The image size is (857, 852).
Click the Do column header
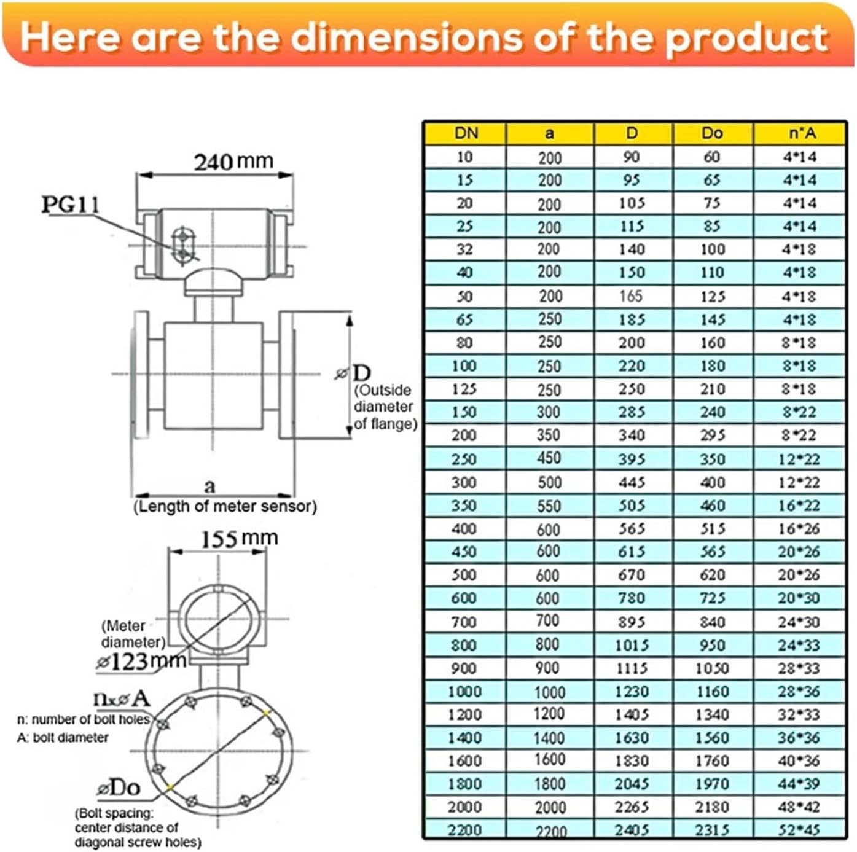click(x=712, y=133)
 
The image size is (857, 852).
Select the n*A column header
click(x=799, y=133)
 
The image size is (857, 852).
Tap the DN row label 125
click(x=464, y=389)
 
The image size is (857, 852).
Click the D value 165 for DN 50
click(x=631, y=296)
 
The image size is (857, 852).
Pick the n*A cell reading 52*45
click(x=799, y=830)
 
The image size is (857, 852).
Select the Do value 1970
click(x=712, y=784)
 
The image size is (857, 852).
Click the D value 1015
click(x=632, y=645)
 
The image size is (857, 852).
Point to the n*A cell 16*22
click(x=799, y=506)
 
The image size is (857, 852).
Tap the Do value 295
click(x=712, y=436)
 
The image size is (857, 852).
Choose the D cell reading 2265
click(x=632, y=807)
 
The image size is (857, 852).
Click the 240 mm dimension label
click(x=233, y=162)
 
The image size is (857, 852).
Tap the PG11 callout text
click(x=70, y=205)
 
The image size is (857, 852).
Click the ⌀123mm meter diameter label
click(x=141, y=662)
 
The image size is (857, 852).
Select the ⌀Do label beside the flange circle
click(x=119, y=788)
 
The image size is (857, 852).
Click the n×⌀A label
click(x=121, y=698)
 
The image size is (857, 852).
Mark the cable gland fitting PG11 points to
click(x=182, y=246)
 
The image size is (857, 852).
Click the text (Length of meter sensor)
click(x=225, y=507)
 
